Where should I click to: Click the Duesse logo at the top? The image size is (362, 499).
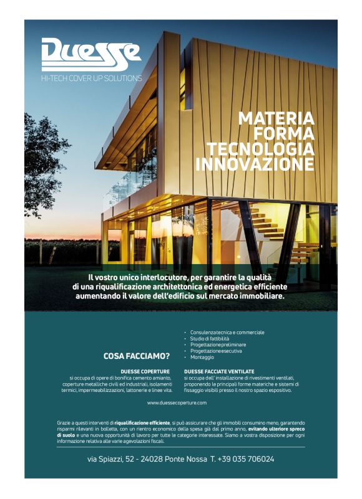tap(91, 55)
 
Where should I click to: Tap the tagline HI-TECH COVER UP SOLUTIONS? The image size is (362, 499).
tap(91, 78)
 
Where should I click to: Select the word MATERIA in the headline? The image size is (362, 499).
tap(276, 118)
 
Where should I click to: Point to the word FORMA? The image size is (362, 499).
tap(283, 134)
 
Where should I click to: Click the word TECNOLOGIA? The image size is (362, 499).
tap(261, 150)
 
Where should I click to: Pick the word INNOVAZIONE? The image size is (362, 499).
tap(255, 164)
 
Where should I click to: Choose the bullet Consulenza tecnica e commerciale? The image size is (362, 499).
tap(227, 332)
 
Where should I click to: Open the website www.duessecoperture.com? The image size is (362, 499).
tap(180, 403)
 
